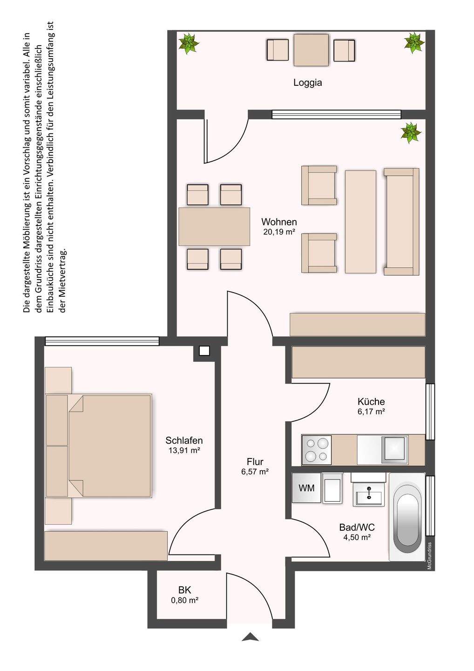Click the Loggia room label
(308, 82)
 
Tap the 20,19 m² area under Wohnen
(279, 232)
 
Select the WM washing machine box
(306, 488)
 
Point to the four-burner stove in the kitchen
(317, 450)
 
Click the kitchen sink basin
(396, 448)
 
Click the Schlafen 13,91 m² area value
(184, 450)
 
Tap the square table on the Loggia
(311, 50)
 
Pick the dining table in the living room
(214, 226)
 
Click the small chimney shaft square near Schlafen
(204, 351)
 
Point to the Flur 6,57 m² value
(255, 472)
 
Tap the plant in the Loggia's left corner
(189, 44)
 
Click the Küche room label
(371, 401)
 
